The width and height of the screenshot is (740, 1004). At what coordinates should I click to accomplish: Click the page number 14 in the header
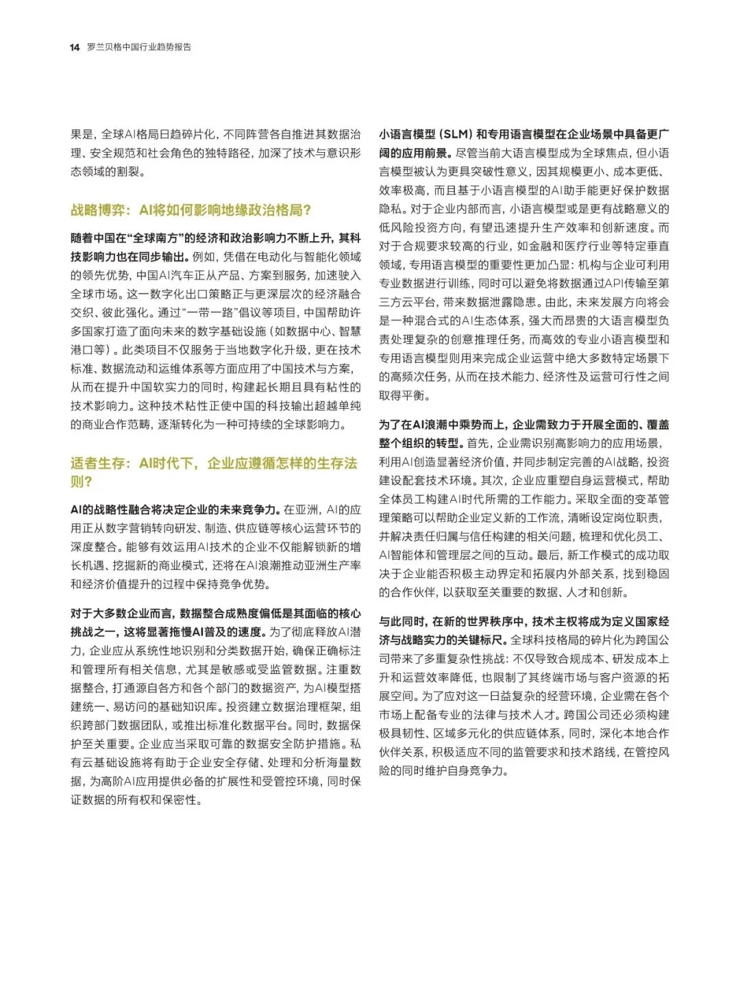tap(75, 47)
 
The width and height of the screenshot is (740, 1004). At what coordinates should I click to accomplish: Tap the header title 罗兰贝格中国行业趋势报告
tap(139, 47)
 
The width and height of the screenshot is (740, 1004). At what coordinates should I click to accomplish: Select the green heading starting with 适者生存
tap(214, 464)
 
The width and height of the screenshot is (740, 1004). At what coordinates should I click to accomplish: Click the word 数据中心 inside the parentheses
tap(309, 331)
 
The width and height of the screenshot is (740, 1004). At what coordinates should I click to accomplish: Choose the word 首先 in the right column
tap(481, 443)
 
